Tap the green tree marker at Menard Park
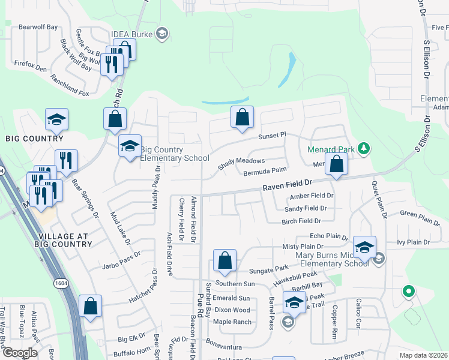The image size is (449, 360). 363,148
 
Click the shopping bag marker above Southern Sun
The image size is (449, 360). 224,260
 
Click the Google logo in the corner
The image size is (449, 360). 20,353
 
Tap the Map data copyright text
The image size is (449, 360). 423,355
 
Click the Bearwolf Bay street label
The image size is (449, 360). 38,27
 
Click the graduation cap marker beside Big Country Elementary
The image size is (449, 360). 130,146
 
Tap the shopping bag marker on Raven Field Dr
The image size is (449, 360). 337,164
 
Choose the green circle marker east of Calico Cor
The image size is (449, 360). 409,292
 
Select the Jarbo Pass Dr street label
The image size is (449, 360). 121,264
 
